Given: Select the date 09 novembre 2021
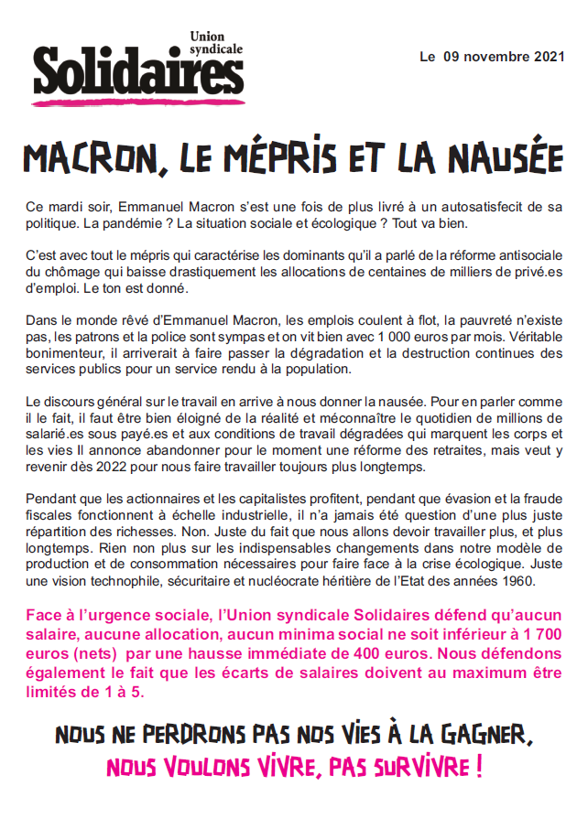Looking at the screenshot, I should pyautogui.click(x=499, y=58).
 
